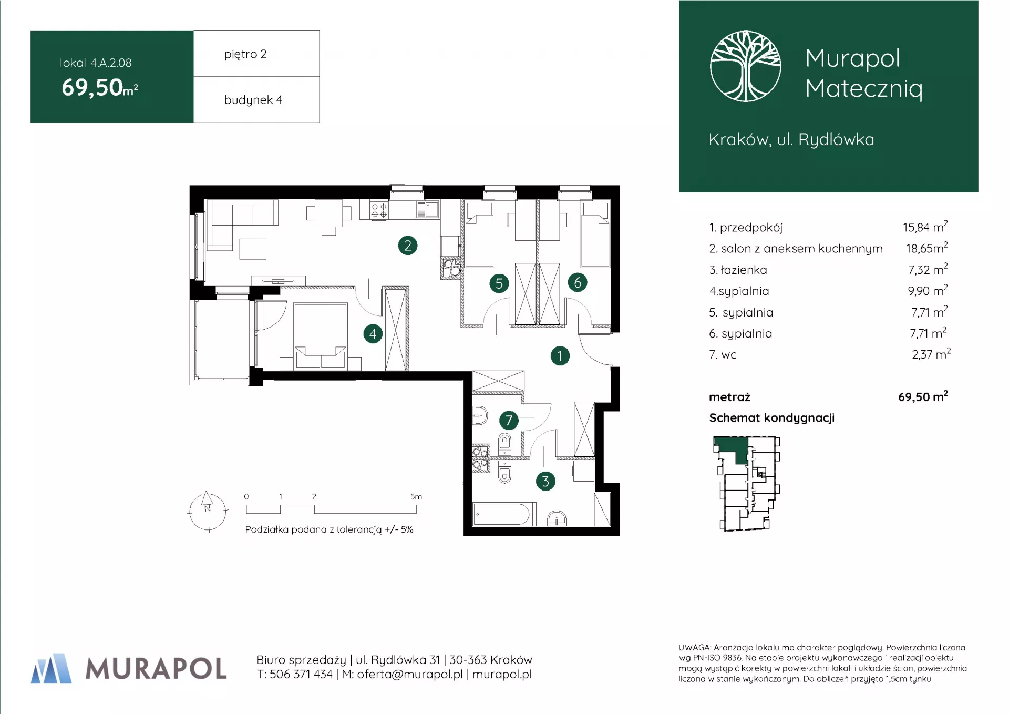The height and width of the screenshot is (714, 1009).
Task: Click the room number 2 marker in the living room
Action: (x=408, y=246)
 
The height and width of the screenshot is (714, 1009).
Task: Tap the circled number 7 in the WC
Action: (x=509, y=420)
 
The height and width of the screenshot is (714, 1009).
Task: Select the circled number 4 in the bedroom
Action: (x=373, y=333)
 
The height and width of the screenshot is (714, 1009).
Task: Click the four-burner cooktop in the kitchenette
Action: (x=379, y=210)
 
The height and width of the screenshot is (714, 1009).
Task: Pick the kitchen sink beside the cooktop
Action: (x=428, y=209)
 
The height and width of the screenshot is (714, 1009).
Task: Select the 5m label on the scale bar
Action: (x=416, y=496)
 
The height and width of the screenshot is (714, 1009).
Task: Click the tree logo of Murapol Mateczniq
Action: (x=745, y=66)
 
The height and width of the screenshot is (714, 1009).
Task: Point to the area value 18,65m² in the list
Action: (x=926, y=248)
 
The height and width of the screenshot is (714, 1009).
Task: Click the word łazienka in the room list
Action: (x=744, y=270)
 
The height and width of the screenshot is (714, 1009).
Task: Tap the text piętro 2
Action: (x=245, y=54)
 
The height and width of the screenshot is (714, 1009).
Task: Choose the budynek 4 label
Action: (x=253, y=100)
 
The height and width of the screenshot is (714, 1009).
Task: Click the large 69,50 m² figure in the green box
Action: (x=100, y=87)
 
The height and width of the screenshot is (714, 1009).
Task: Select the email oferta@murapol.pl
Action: (x=410, y=674)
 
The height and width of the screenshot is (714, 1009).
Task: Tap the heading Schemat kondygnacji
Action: (x=771, y=418)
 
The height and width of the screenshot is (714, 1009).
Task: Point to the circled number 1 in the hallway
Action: (x=560, y=356)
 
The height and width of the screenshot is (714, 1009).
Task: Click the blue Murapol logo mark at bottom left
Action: (x=51, y=668)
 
